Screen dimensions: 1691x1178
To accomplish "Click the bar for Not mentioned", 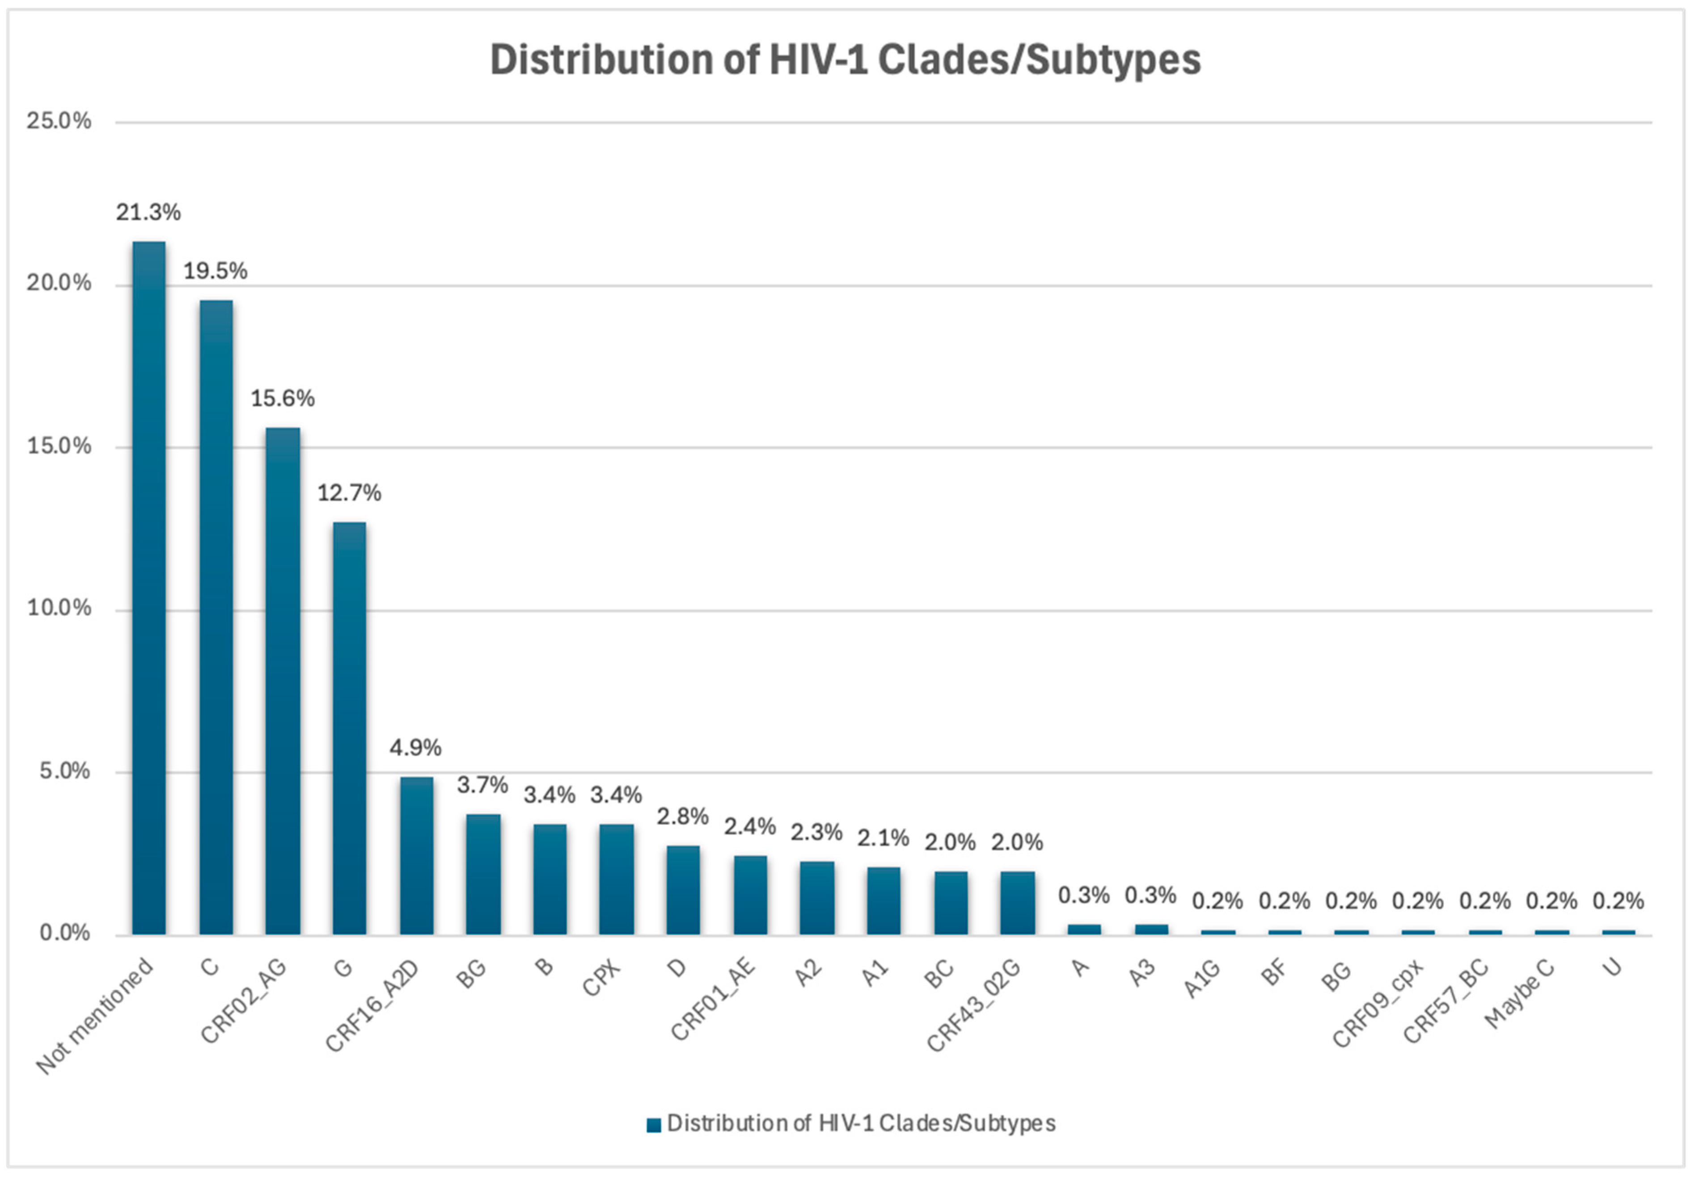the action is (x=149, y=588).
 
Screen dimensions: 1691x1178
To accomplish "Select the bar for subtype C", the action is (x=216, y=618).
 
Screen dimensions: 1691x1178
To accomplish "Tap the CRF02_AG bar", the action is (x=283, y=681).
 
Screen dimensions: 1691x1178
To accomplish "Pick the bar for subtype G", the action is (x=349, y=729).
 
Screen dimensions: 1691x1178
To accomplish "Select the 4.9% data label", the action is (x=415, y=748).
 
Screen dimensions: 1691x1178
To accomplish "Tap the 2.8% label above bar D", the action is (x=683, y=816).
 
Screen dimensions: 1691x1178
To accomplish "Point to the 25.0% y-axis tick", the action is (x=59, y=121).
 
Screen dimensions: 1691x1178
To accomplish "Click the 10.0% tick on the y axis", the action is (x=59, y=608).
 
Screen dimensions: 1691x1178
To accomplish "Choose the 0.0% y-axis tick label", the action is (x=65, y=934).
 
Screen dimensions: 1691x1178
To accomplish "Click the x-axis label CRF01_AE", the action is (x=713, y=999).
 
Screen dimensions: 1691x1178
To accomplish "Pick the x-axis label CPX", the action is (x=602, y=977).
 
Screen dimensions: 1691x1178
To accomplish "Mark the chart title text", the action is (x=845, y=59).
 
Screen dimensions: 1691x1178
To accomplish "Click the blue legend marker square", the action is (x=653, y=1125).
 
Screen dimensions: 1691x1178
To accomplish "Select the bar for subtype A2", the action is (x=817, y=898).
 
